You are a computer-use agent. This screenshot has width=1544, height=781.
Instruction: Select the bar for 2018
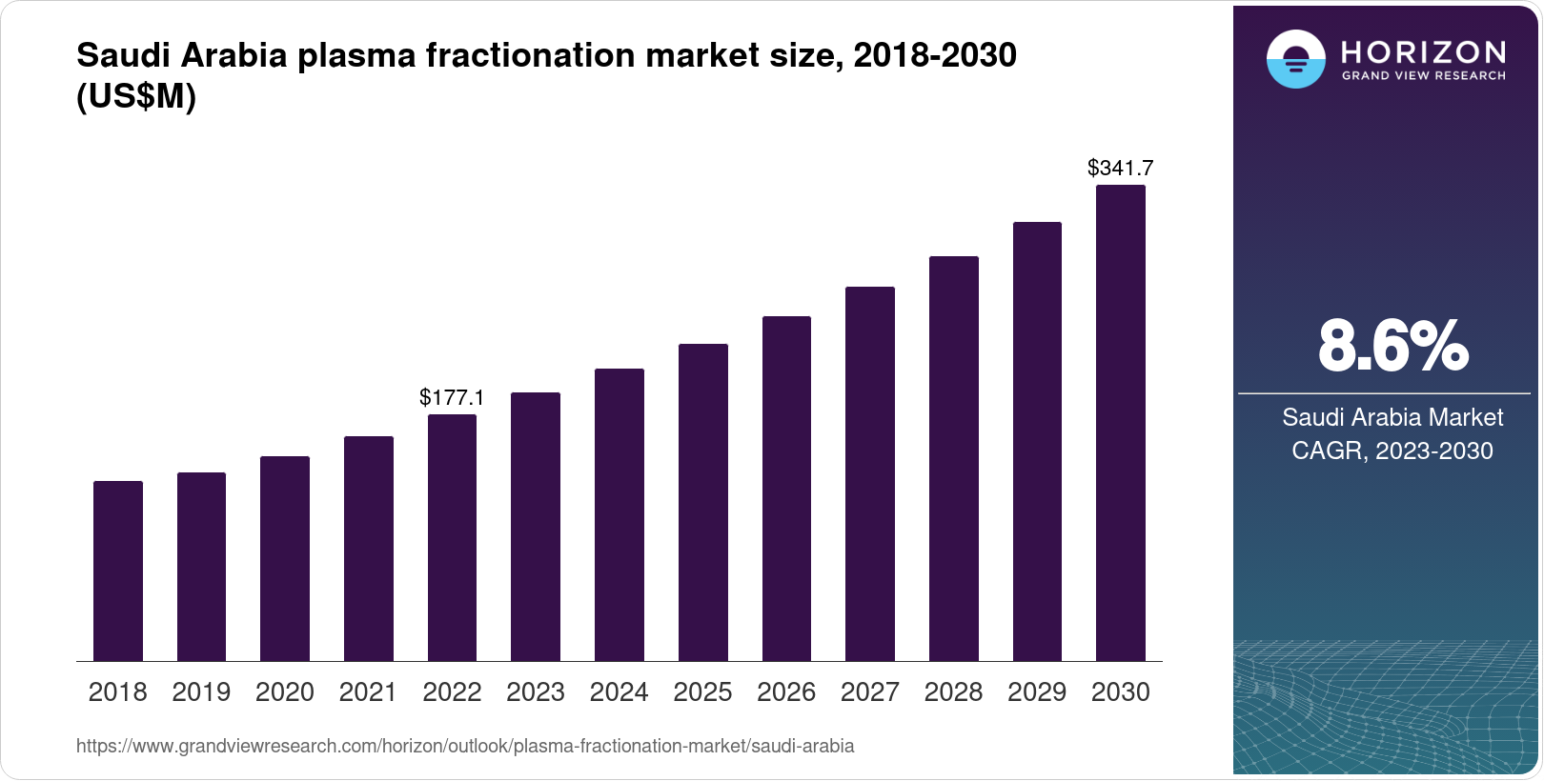pos(118,571)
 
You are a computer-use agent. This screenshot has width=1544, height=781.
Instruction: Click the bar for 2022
pos(452,537)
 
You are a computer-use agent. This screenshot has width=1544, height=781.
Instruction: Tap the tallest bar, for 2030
pos(1121,423)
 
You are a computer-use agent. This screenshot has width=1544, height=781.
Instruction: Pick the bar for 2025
pos(703,502)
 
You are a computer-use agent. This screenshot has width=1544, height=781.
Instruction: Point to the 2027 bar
pos(870,473)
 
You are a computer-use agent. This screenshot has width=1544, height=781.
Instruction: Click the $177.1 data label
pos(452,397)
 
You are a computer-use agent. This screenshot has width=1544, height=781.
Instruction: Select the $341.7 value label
pos(1121,169)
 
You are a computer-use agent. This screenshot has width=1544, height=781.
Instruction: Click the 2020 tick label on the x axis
pos(285,692)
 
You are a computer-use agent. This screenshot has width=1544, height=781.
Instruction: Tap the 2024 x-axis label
pos(620,692)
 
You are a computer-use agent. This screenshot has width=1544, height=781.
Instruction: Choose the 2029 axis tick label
pos(1037,692)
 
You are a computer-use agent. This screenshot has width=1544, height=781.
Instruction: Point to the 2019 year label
pos(201,692)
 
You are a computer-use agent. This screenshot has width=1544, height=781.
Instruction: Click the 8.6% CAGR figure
pos(1392,346)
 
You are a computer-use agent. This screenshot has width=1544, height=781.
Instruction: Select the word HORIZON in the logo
pos(1424,51)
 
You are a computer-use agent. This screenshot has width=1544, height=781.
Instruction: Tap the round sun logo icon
pos(1296,59)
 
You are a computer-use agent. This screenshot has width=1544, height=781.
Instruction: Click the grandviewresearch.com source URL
pos(465,746)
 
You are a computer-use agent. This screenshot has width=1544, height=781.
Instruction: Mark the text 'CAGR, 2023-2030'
pos(1392,451)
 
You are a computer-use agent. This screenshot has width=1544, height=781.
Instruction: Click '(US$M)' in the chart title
pos(136,97)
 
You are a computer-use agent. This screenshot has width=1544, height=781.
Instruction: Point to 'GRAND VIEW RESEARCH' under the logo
pos(1424,75)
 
